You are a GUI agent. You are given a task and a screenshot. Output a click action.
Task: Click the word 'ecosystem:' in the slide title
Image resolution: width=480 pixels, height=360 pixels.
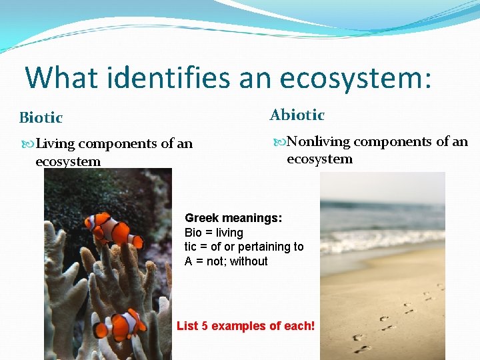pyautogui.click(x=356, y=77)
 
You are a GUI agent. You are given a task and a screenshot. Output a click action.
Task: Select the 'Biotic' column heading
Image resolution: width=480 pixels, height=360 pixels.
pyautogui.click(x=41, y=118)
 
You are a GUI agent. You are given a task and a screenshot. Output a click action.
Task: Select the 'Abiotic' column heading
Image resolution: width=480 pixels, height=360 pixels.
pyautogui.click(x=297, y=115)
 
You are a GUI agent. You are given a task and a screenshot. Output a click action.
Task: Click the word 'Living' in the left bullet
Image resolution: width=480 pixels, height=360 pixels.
pyautogui.click(x=55, y=143)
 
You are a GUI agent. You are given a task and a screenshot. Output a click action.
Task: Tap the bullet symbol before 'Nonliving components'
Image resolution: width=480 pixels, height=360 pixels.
pyautogui.click(x=279, y=142)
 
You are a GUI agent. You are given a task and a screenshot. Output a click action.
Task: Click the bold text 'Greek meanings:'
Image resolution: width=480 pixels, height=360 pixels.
pyautogui.click(x=233, y=218)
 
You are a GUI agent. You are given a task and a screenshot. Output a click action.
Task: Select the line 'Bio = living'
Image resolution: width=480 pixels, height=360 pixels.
pyautogui.click(x=213, y=233)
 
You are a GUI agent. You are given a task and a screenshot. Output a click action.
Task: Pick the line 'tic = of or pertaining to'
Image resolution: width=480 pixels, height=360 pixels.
pyautogui.click(x=243, y=247)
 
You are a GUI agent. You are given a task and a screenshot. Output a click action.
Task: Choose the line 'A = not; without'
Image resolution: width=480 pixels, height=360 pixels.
pyautogui.click(x=226, y=261)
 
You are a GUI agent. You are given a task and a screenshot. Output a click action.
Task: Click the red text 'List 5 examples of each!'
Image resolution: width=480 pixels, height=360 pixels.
pyautogui.click(x=245, y=326)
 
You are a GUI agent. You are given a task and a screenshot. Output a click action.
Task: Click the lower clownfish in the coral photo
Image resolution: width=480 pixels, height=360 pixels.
pyautogui.click(x=121, y=324)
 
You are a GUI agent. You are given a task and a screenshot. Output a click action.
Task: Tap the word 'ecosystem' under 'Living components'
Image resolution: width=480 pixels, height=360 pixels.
pyautogui.click(x=68, y=161)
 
